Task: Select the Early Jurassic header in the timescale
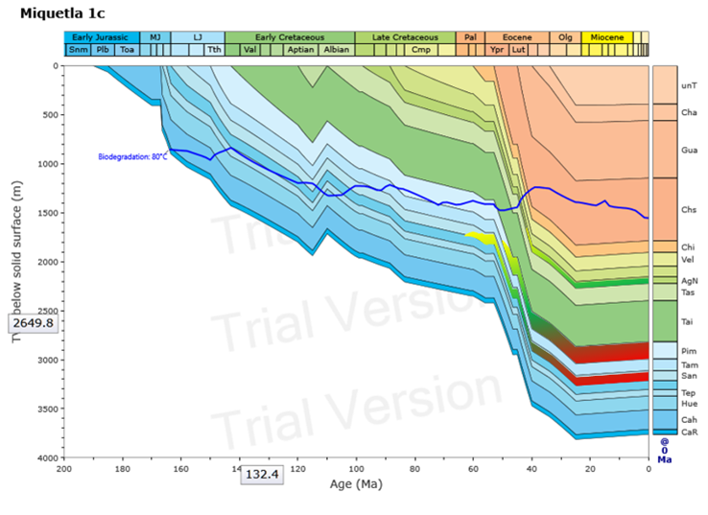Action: (x=100, y=37)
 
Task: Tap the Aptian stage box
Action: (x=299, y=50)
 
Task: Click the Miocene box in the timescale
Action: (x=606, y=37)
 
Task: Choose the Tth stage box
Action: (x=214, y=50)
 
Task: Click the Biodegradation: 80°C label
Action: (x=132, y=156)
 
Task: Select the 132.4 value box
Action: (x=262, y=474)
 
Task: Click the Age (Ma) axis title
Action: (x=356, y=484)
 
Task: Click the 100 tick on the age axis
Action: (x=356, y=467)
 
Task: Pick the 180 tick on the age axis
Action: (x=122, y=467)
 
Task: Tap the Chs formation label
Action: (x=688, y=209)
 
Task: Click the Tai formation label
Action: (x=688, y=322)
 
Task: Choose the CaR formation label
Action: (x=688, y=432)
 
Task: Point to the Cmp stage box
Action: (x=419, y=50)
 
